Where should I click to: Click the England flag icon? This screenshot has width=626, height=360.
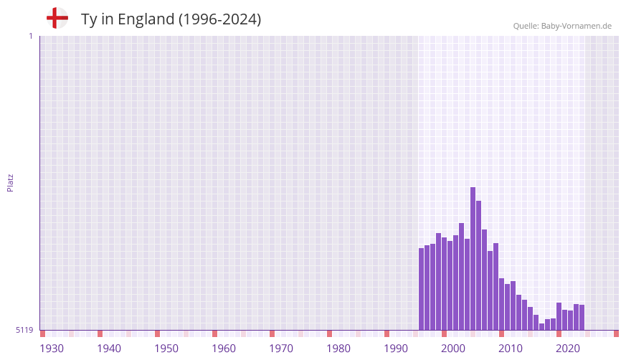[57, 18]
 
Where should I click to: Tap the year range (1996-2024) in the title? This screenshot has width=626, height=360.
[219, 19]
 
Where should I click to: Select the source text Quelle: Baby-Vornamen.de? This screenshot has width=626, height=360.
[562, 26]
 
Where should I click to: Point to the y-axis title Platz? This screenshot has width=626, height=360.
[10, 183]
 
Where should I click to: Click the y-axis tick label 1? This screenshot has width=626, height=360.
[31, 37]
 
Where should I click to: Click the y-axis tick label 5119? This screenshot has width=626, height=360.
[24, 330]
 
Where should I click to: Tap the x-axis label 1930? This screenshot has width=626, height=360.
[52, 349]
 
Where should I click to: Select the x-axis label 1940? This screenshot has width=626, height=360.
[109, 349]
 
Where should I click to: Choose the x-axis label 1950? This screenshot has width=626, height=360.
[166, 349]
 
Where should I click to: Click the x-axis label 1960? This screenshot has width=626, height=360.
[224, 349]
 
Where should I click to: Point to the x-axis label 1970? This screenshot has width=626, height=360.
[281, 349]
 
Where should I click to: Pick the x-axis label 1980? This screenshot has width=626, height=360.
[338, 349]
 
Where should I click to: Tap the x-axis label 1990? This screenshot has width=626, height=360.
[396, 349]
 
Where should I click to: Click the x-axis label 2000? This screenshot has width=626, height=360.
[453, 349]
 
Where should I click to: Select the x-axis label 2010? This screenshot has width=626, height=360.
[511, 349]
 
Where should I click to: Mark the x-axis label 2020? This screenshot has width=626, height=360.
[568, 349]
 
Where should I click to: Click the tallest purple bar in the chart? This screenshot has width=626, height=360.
[473, 259]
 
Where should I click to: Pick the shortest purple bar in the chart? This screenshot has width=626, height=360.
[542, 327]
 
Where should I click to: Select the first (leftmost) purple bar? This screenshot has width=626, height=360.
[421, 289]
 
